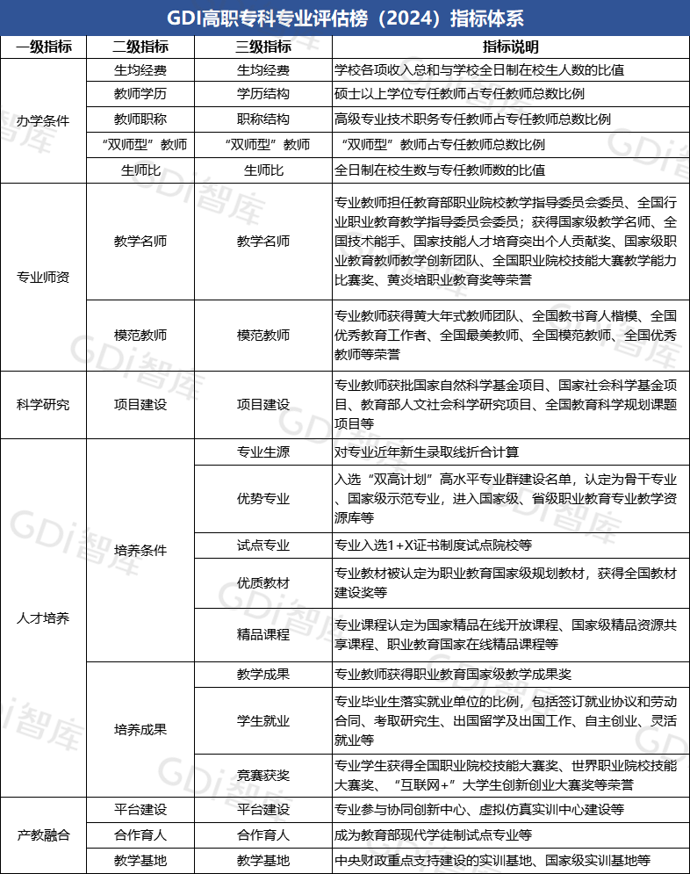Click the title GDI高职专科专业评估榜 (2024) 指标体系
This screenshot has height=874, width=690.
(x=344, y=18)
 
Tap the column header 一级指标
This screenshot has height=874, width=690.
(x=43, y=47)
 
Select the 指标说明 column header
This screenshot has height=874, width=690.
(x=510, y=47)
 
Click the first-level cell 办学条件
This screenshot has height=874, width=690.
(x=43, y=119)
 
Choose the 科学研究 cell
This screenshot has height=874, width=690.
(x=43, y=405)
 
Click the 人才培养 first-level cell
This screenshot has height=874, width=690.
(x=43, y=618)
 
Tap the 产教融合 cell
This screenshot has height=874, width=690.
(x=43, y=834)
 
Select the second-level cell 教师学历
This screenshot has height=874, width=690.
(x=140, y=95)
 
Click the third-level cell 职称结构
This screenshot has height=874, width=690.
(x=263, y=119)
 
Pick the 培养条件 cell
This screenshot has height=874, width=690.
(x=140, y=551)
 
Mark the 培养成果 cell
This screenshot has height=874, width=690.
(x=140, y=730)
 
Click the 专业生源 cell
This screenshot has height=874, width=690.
(x=263, y=453)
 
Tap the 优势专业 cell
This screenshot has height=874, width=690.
(x=263, y=499)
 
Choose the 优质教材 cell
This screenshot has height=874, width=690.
(x=263, y=583)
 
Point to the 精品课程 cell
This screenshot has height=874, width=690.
(x=263, y=634)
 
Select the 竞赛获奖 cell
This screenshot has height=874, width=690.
(x=263, y=776)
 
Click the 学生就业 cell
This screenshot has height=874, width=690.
(x=263, y=721)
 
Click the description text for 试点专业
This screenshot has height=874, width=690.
(x=434, y=545)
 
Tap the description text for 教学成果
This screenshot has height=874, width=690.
(x=453, y=675)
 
